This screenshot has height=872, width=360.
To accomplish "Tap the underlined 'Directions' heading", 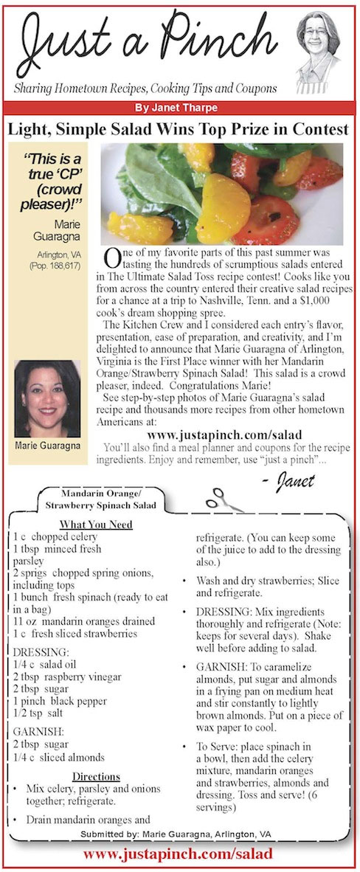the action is coord(96,777).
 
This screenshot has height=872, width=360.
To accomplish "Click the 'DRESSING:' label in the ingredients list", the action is coord(40,652).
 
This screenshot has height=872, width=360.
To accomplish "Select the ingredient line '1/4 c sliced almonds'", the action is coord(59,757).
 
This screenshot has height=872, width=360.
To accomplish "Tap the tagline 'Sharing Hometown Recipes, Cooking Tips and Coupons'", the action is coord(146,89).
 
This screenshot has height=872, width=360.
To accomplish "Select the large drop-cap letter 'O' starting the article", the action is coord(112,257).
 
